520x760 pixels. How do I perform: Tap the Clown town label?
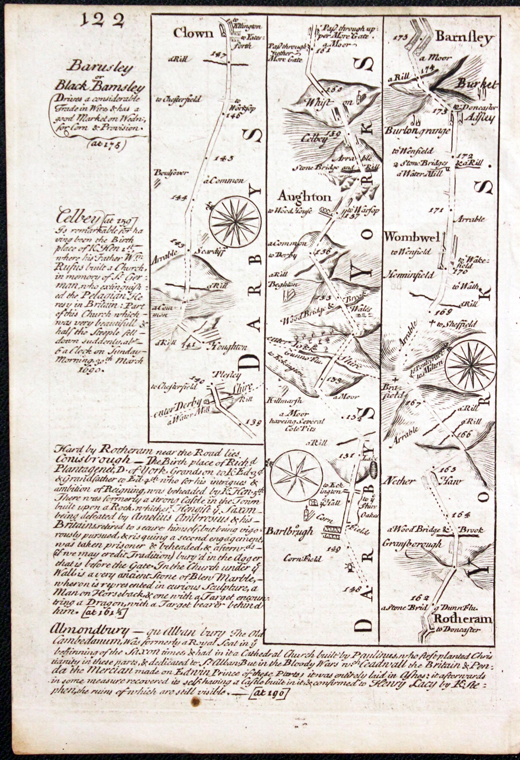pyautogui.click(x=193, y=33)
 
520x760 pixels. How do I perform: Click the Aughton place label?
pyautogui.click(x=304, y=197)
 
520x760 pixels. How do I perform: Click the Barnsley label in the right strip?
pyautogui.click(x=464, y=38)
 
